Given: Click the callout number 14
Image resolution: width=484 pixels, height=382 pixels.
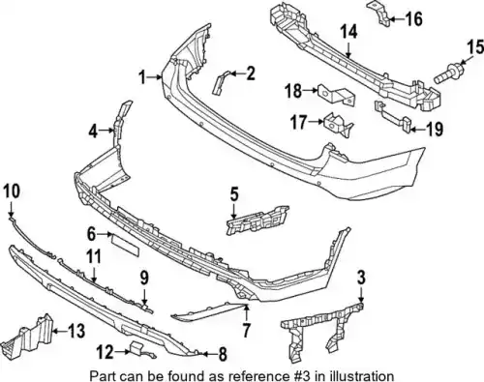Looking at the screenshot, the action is [x=348, y=32].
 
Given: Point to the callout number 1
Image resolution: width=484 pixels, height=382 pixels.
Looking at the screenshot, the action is [x=142, y=77].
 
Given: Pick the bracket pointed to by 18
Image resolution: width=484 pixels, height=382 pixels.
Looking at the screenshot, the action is [x=336, y=95].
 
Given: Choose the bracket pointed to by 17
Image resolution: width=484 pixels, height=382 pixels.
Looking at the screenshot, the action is [x=338, y=125].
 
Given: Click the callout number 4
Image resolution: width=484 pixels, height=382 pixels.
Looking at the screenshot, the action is [x=93, y=132].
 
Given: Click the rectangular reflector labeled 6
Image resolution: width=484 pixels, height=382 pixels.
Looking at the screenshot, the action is [x=125, y=244].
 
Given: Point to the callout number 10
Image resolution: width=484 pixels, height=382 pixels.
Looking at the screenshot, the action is [x=13, y=191].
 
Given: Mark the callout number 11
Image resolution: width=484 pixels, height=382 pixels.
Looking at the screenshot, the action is [x=94, y=257].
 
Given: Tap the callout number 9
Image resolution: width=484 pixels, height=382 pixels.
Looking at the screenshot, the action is [x=144, y=279].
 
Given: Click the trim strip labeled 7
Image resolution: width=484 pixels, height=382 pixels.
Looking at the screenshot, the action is [x=210, y=310].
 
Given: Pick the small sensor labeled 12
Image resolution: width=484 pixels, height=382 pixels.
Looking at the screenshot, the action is [x=138, y=350].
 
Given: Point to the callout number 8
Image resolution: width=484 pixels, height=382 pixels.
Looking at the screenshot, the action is [x=223, y=355].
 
